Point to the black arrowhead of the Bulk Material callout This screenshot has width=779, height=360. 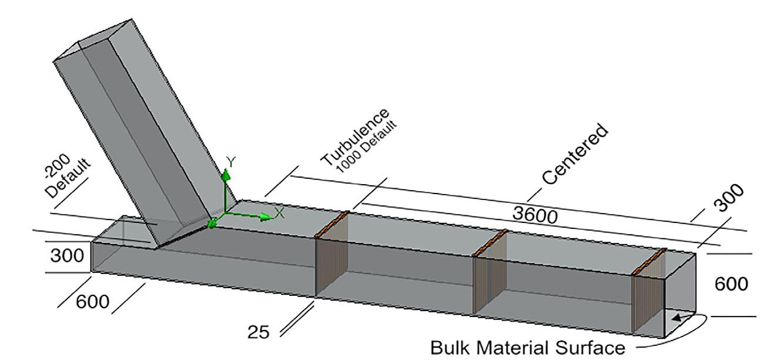(678, 318)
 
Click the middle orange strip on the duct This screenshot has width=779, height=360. (490, 242)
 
